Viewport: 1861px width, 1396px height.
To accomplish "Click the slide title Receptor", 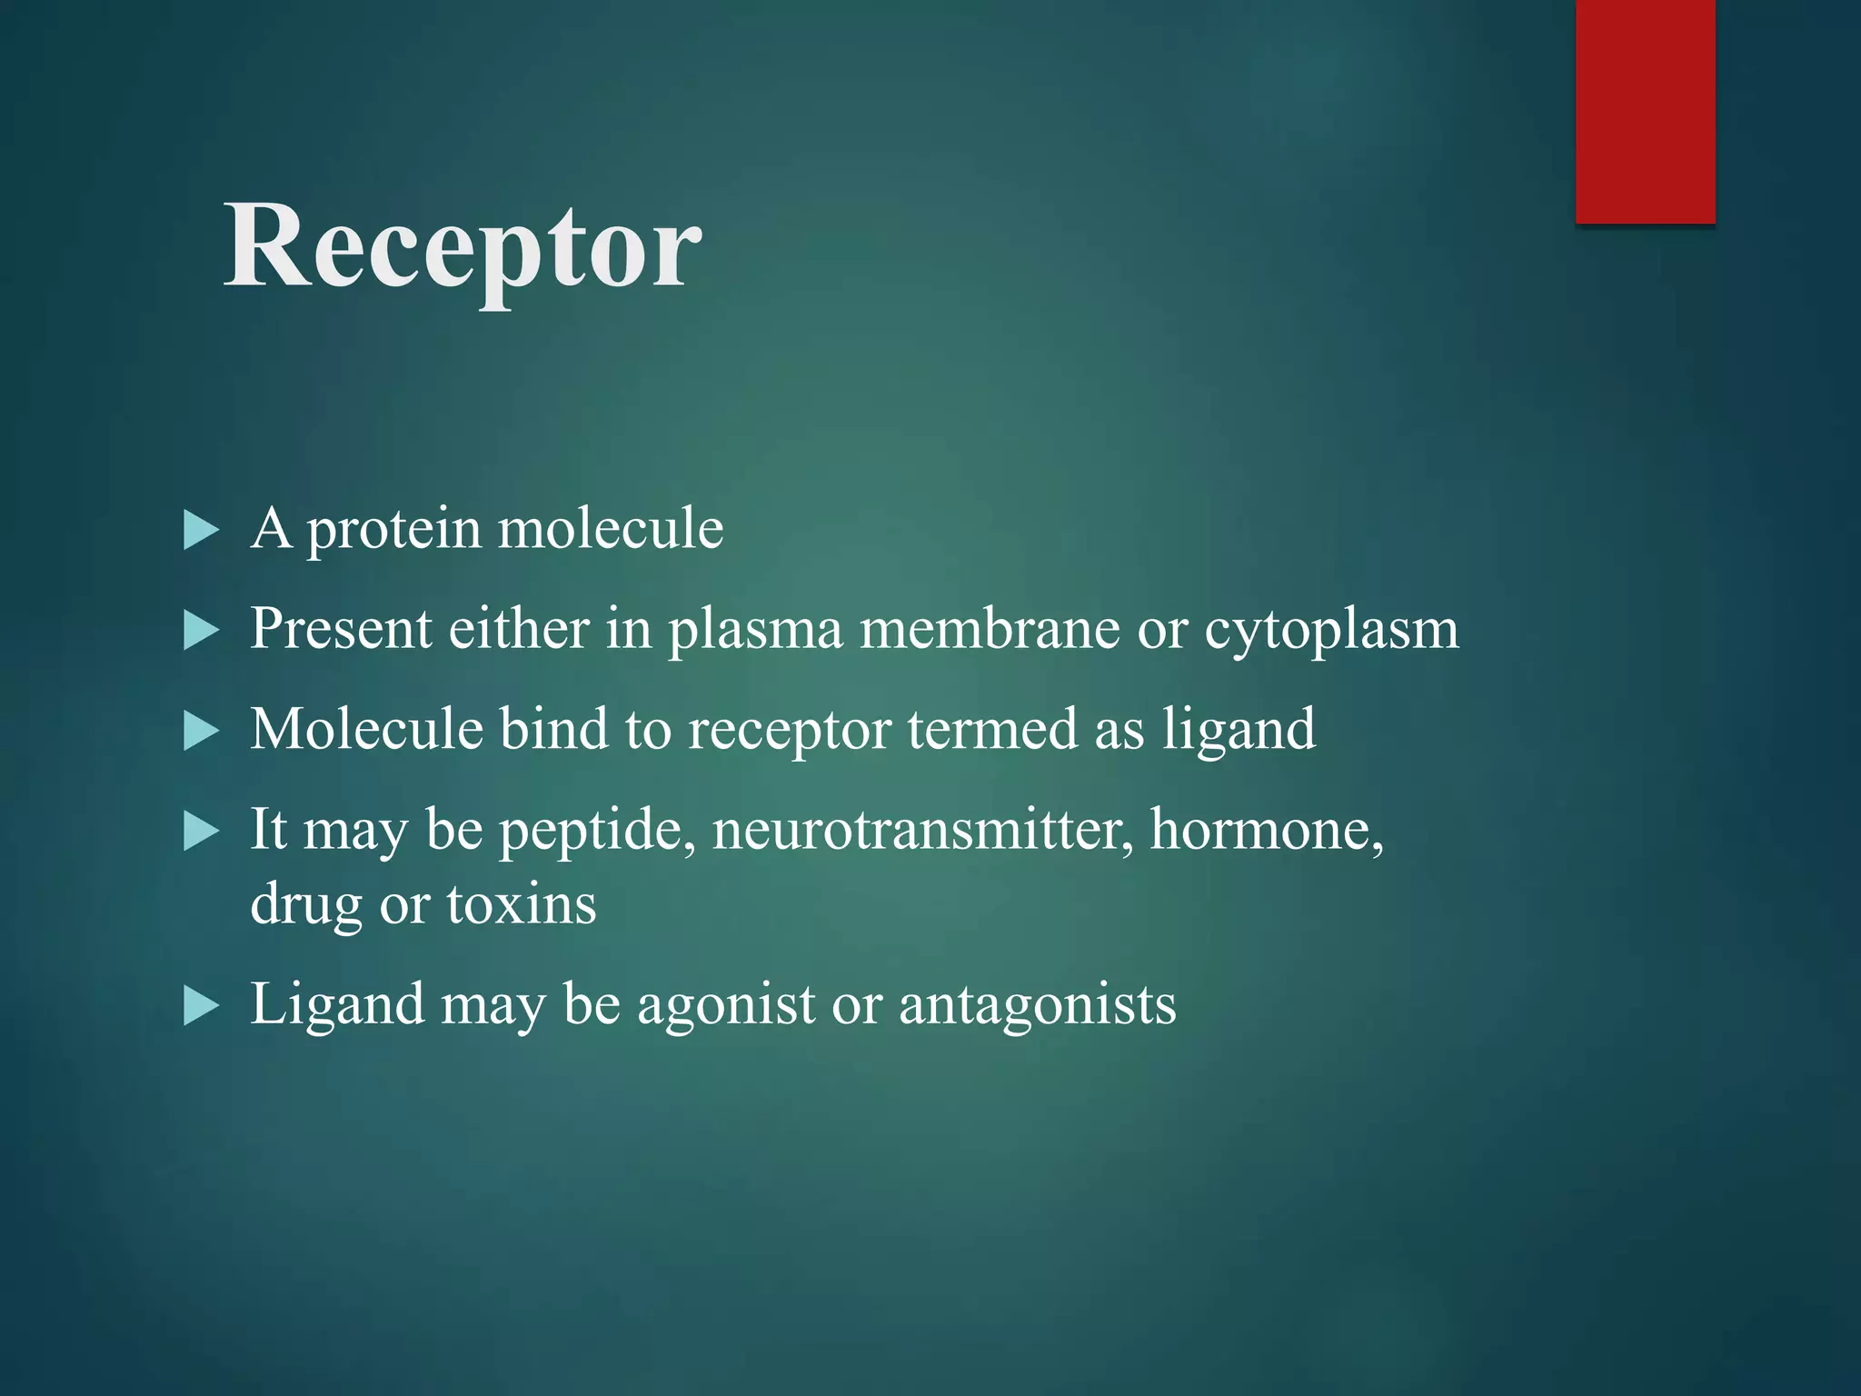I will pos(463,247).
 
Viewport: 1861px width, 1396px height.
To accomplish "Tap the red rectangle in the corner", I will pos(1645,111).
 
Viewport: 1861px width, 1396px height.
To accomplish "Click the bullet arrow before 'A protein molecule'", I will pos(201,530).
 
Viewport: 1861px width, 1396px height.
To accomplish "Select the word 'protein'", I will pos(393,530).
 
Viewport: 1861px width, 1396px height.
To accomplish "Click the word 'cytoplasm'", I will pos(1331,630).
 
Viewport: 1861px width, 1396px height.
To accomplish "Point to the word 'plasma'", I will pos(755,630).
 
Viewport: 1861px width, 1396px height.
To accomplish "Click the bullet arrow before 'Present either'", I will pos(201,630).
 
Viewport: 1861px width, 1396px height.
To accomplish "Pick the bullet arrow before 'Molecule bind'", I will pos(201,731).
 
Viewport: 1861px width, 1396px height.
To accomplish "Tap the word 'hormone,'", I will pos(1267,829).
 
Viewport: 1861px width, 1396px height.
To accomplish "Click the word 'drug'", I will pos(305,906).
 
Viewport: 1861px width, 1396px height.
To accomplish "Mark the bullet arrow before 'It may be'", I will pos(201,831).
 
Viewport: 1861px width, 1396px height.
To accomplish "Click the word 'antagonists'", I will pos(1037,1005).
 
